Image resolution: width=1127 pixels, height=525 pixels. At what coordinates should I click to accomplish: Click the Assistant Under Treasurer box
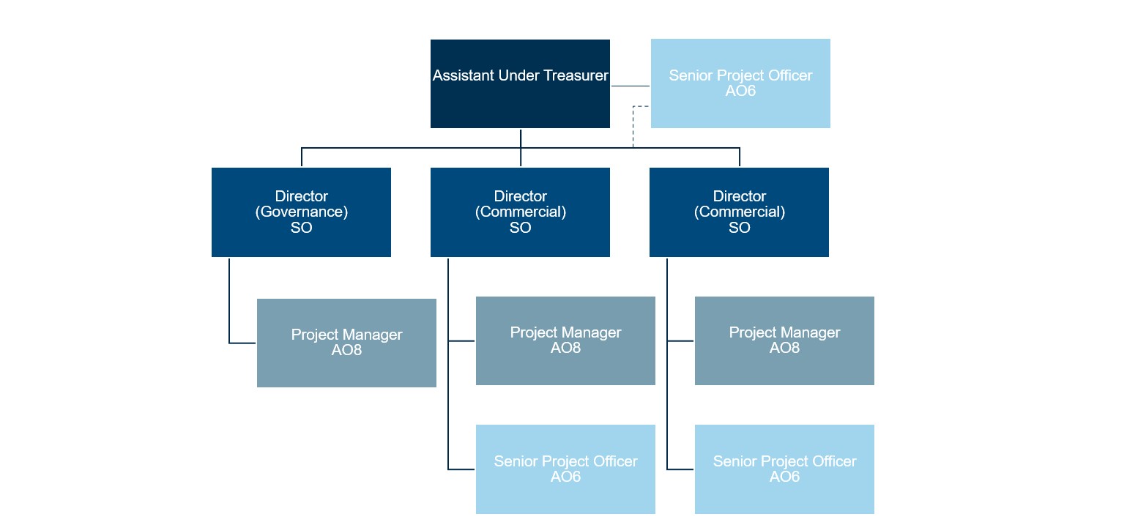click(x=520, y=83)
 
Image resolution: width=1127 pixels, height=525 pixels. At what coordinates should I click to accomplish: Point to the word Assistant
click(x=464, y=75)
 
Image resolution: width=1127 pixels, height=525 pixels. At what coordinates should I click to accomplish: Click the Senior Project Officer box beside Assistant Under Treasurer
click(x=740, y=83)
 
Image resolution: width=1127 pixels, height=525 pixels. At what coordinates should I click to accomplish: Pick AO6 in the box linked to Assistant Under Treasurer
click(x=740, y=91)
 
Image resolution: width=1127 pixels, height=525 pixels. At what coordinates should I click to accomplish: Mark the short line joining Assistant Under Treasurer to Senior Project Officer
click(x=631, y=86)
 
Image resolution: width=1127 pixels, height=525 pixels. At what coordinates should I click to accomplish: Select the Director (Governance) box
click(x=301, y=212)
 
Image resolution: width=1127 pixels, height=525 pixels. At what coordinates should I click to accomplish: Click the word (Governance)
click(x=302, y=212)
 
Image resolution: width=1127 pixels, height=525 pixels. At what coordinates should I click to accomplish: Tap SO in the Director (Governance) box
click(x=302, y=228)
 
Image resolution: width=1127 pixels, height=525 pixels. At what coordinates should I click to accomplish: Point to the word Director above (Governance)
click(x=302, y=196)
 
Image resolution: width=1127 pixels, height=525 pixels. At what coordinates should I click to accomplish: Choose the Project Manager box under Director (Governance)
click(x=346, y=343)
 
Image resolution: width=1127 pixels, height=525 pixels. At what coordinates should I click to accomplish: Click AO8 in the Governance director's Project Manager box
click(x=346, y=350)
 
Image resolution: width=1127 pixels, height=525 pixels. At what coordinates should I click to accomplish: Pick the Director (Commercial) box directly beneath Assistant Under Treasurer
click(x=520, y=212)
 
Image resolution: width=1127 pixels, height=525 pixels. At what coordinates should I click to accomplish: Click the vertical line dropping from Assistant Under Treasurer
click(x=521, y=148)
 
